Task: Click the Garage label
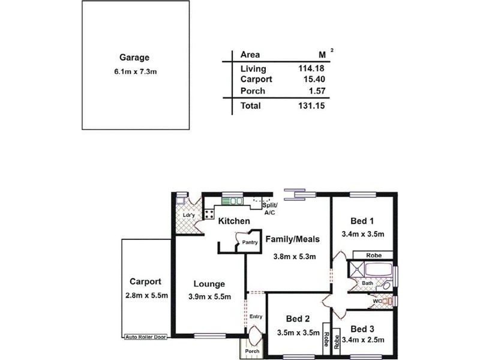134,58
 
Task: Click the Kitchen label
233,221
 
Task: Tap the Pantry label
250,242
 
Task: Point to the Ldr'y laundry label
183,215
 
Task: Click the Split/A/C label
270,208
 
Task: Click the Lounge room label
209,284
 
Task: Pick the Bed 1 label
362,220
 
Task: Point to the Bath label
367,283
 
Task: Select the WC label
376,301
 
